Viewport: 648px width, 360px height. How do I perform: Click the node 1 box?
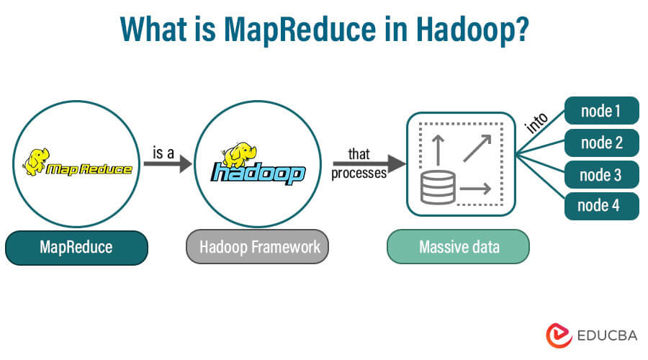click(x=601, y=111)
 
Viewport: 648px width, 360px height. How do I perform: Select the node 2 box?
click(x=601, y=143)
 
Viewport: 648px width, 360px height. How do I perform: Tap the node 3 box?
click(x=601, y=174)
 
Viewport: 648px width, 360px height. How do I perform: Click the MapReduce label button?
click(x=76, y=248)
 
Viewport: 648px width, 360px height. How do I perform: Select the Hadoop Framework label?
click(x=259, y=248)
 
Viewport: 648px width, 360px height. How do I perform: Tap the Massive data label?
click(x=458, y=248)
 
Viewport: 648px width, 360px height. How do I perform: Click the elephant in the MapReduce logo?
click(x=37, y=160)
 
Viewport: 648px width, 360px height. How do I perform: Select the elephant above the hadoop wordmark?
click(x=238, y=154)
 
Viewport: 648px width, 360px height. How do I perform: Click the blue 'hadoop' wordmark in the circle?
click(x=258, y=174)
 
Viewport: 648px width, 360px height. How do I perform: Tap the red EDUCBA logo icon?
click(x=556, y=335)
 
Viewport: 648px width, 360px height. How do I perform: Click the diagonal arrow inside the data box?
click(x=477, y=147)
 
